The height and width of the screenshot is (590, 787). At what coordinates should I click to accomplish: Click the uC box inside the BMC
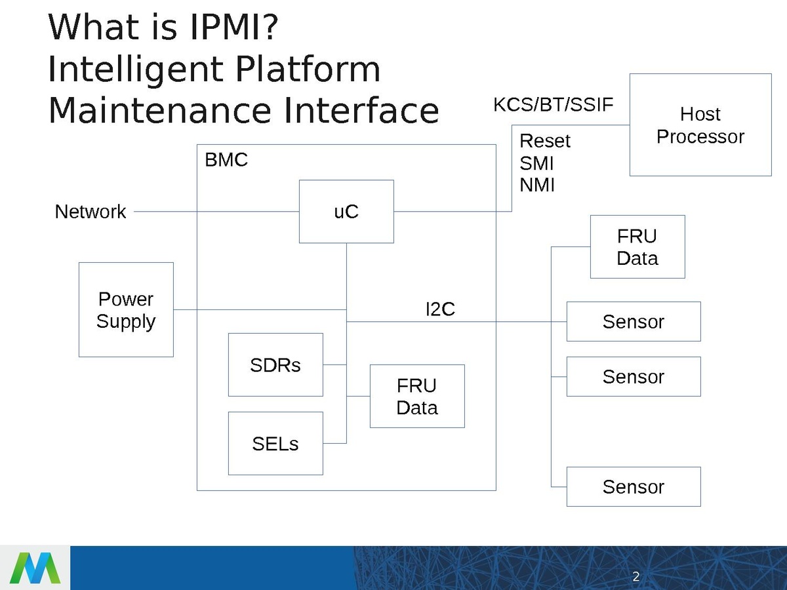click(346, 211)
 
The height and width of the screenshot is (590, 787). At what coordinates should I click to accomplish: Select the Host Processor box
click(700, 125)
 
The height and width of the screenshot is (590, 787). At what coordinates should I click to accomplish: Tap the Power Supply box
click(126, 309)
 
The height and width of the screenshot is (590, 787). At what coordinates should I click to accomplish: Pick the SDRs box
click(275, 364)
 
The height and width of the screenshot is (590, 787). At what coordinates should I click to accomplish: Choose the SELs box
click(275, 443)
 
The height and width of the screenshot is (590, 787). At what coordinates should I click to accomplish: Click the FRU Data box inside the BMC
click(417, 396)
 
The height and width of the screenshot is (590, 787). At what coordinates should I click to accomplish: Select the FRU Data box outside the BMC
click(637, 246)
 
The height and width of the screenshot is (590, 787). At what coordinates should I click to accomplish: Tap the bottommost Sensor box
click(634, 486)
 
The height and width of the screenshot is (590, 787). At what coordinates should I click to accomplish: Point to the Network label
click(91, 212)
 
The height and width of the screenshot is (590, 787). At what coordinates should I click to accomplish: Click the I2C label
click(440, 309)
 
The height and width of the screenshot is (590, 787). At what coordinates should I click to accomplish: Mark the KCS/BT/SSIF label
click(553, 105)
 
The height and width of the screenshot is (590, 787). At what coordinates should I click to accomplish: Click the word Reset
click(544, 141)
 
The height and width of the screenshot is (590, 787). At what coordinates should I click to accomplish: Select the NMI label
click(536, 186)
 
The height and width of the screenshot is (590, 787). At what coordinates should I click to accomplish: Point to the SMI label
click(536, 163)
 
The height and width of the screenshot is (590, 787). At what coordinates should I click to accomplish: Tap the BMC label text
click(226, 161)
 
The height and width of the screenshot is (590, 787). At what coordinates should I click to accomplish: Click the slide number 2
click(636, 577)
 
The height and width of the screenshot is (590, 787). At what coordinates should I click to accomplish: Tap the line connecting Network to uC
click(216, 212)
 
